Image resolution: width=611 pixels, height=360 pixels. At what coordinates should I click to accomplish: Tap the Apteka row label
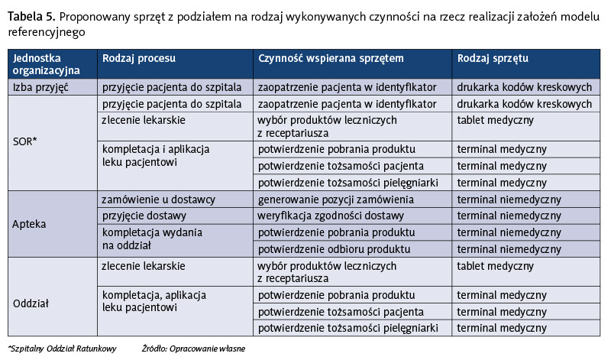pyautogui.click(x=31, y=225)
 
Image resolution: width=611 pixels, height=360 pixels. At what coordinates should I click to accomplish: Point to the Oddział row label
pyautogui.click(x=31, y=303)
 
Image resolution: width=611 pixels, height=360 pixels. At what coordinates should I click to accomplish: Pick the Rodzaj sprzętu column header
pyautogui.click(x=493, y=58)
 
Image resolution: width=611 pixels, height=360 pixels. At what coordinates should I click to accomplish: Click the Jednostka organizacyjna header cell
pyautogui.click(x=46, y=63)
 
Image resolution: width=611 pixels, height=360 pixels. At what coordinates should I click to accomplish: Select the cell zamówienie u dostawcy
pyautogui.click(x=158, y=199)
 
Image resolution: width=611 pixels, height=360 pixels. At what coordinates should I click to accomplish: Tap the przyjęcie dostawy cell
pyautogui.click(x=145, y=216)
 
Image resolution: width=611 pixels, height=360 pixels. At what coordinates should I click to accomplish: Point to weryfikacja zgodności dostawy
pyautogui.click(x=331, y=216)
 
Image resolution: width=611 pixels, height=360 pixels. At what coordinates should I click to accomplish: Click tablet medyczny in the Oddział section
pyautogui.click(x=495, y=265)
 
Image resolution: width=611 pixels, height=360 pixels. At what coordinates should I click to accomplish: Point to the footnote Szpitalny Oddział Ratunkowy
pyautogui.click(x=63, y=349)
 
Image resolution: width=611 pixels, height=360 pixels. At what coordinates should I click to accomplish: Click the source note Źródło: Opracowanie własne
pyautogui.click(x=193, y=349)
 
